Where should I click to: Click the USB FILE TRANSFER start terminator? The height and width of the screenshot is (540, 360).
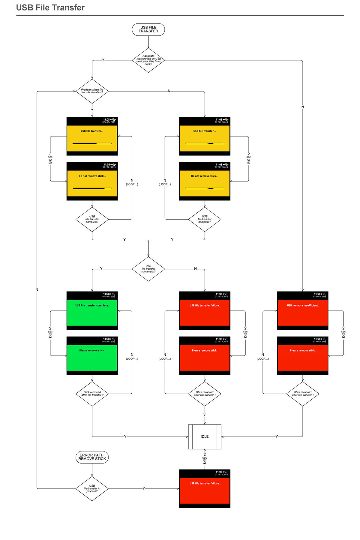coord(148,29)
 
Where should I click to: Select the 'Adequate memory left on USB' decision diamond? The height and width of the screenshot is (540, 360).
coord(148,60)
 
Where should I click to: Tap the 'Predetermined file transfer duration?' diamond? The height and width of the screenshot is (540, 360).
coord(92,91)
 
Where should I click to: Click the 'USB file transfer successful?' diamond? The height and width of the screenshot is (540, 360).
coord(148,269)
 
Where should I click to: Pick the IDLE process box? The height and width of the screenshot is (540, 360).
coord(205,436)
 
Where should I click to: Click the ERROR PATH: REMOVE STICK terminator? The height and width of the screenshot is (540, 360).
coord(92,457)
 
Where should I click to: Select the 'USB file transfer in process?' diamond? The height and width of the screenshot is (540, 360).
coord(92,488)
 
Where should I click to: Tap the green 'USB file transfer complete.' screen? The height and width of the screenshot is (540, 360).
coord(92,310)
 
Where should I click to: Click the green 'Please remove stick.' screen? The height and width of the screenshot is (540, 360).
coord(92,355)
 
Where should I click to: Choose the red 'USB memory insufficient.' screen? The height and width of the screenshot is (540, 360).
coord(302,310)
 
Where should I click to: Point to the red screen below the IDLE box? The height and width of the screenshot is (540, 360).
coord(205,488)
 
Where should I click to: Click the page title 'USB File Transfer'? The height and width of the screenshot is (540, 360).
coord(50,8)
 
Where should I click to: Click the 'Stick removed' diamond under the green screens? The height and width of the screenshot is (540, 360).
coord(92,394)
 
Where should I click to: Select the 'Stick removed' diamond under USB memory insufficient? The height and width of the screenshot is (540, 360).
coord(302,394)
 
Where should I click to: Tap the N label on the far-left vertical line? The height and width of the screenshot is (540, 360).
coord(37,289)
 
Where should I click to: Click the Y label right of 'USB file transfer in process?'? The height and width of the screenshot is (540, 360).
coord(144,488)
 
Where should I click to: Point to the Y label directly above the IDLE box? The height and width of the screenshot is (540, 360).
coord(205,415)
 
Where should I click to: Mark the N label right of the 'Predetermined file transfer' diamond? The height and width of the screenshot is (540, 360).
coord(169,91)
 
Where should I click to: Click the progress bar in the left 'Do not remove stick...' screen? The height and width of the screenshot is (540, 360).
coord(92,188)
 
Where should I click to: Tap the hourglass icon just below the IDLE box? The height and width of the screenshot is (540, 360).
coord(205,461)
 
